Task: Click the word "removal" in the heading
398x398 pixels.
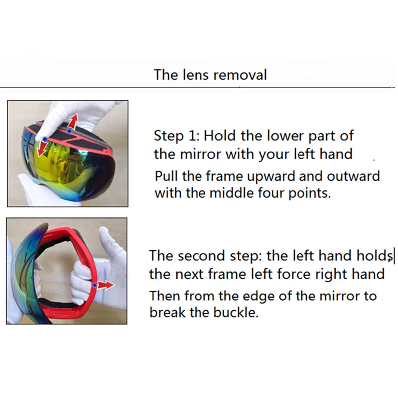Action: point(240,75)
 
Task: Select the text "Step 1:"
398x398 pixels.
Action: point(177,136)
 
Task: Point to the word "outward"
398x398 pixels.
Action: point(353,176)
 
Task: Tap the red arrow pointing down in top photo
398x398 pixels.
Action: point(42,148)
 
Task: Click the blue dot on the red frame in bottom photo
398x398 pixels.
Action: point(94,285)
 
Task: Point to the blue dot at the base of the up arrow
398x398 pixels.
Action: point(69,131)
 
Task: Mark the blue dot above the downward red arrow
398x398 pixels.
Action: point(45,139)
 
